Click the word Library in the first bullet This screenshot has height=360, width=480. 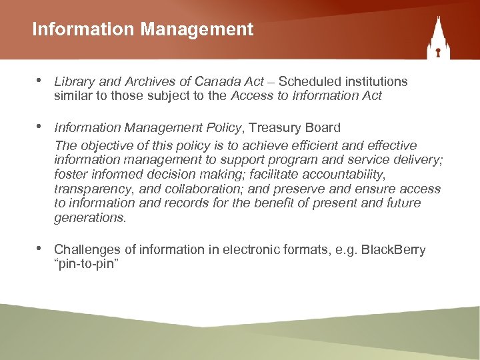[72, 81]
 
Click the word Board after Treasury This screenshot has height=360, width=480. [322, 127]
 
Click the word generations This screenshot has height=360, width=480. [89, 218]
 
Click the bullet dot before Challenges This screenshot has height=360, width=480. [39, 248]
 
